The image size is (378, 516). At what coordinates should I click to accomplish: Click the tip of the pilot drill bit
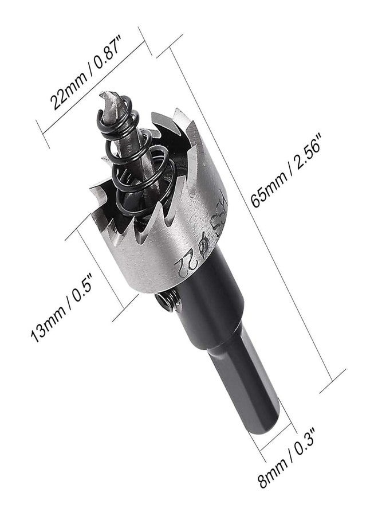point(103,94)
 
